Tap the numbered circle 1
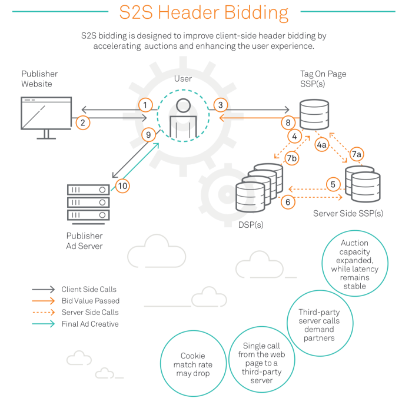point(145,105)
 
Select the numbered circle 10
point(122,186)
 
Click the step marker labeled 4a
point(321,145)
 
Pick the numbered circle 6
point(288,201)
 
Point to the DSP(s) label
point(251,225)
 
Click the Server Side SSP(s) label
point(348,213)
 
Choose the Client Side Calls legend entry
point(89,289)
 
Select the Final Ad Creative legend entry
point(89,324)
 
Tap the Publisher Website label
point(39,79)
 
